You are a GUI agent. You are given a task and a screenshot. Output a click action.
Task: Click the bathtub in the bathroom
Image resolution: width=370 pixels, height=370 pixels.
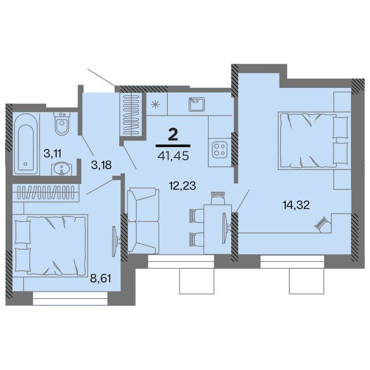click(26, 143)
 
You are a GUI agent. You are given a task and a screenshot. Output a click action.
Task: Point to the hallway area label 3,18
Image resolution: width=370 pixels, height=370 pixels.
click(101, 165)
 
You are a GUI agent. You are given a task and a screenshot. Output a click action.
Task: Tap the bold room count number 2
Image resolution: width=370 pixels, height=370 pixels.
click(174, 135)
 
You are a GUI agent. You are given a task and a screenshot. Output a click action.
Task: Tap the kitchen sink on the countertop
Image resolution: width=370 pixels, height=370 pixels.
click(196, 104)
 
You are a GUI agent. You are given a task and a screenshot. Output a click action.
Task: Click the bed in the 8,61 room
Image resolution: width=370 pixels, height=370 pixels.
click(50, 245)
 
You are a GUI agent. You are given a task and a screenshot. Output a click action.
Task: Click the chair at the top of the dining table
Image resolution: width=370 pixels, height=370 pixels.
click(218, 197)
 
